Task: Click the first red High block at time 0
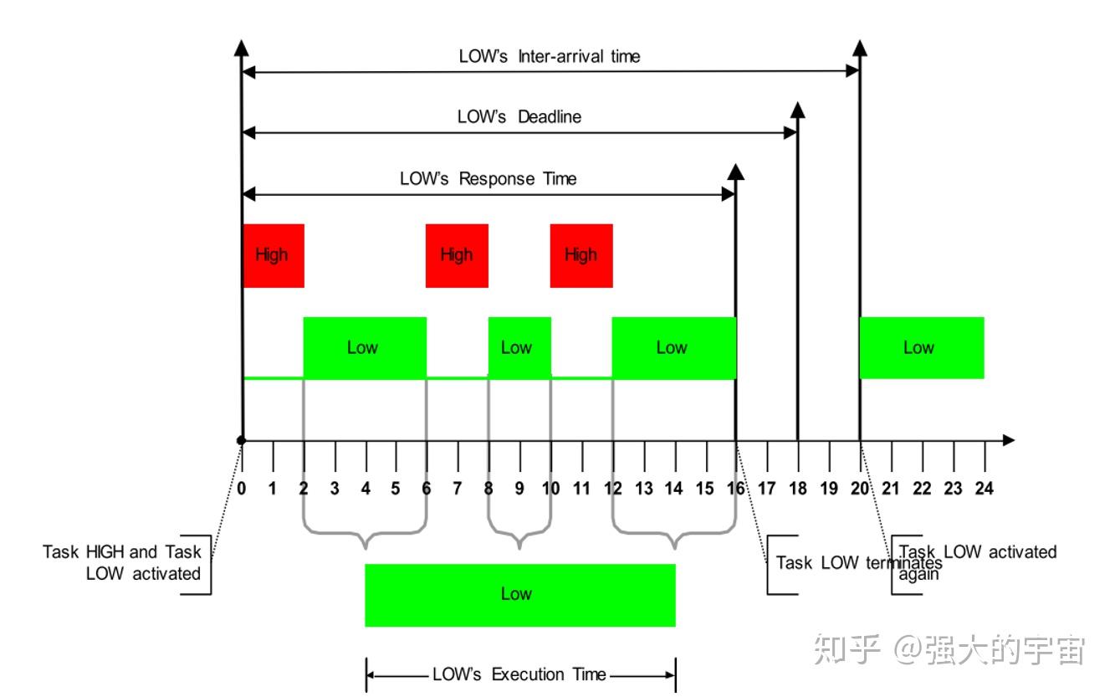273,255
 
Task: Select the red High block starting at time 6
457,255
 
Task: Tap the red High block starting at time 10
581,255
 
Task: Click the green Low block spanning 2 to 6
364,348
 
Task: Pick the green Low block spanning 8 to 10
519,348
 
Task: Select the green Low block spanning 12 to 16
673,348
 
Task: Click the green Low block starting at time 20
921,348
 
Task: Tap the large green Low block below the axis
519,595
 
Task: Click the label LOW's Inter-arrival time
549,57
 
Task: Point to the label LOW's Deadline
519,117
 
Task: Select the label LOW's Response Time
488,179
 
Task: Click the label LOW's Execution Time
519,674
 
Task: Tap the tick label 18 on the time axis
797,489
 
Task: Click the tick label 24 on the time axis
984,489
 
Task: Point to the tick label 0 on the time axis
242,489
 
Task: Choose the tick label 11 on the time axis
581,489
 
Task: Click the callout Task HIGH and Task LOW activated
122,563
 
